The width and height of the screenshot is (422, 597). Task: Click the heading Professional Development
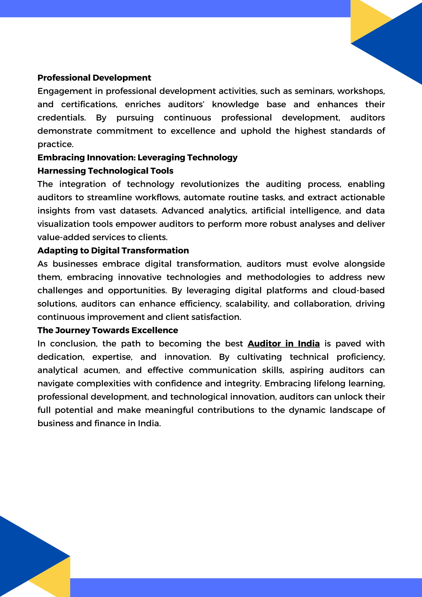pos(94,78)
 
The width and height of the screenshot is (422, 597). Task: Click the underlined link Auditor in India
pos(283,343)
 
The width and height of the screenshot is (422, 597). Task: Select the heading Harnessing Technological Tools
pos(105,171)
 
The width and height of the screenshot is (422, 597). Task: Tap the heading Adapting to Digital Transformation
pos(113,250)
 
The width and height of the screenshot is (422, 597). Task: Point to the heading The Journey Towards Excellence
pos(108,330)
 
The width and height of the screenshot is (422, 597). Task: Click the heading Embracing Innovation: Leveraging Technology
pos(137,157)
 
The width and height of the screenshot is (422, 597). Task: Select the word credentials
pos(61,118)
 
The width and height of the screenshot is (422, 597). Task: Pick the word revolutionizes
pos(210,184)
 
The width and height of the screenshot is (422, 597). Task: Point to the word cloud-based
pos(358,290)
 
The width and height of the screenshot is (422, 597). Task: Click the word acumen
pos(101,370)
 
